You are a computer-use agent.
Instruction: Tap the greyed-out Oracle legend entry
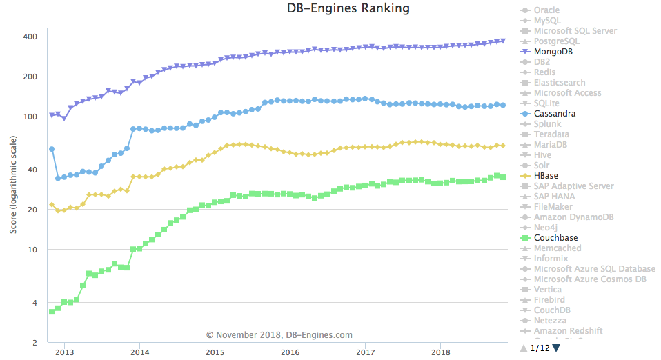[546, 10]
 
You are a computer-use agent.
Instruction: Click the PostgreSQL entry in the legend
[556, 41]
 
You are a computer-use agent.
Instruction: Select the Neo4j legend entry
[545, 228]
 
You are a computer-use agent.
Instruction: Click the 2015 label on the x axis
[215, 352]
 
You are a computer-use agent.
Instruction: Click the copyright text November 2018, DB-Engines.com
[279, 335]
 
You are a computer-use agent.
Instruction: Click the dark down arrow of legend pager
[556, 348]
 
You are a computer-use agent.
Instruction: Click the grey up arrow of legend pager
[524, 348]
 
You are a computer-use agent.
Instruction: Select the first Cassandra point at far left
[51, 149]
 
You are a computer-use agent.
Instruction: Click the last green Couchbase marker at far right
[503, 177]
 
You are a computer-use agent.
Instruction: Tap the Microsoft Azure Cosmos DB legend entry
[590, 279]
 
